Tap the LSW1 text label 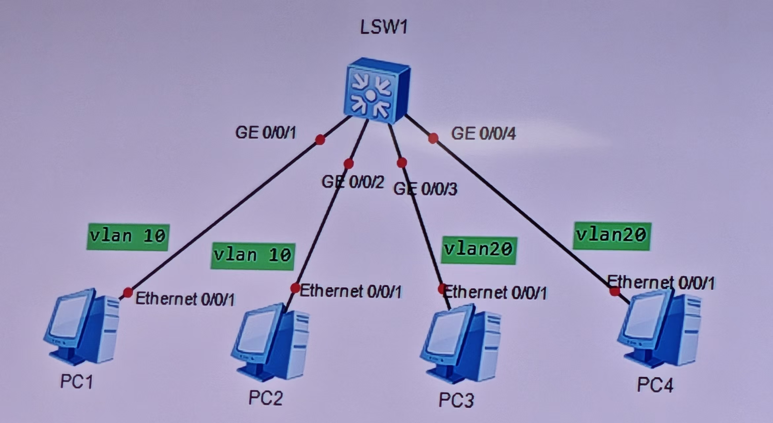[x=384, y=27]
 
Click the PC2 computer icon [x=271, y=342]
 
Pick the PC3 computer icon [x=461, y=344]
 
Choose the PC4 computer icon [x=659, y=330]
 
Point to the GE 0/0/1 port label [x=265, y=133]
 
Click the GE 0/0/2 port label [x=353, y=182]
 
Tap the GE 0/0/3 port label [x=425, y=189]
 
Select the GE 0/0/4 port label [x=483, y=134]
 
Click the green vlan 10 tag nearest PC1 [x=128, y=237]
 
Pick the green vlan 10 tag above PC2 [x=253, y=256]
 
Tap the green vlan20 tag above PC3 [x=478, y=250]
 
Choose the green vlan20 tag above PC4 [x=612, y=236]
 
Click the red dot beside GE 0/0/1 [x=320, y=140]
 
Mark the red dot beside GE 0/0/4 [x=433, y=138]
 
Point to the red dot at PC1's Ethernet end [x=128, y=292]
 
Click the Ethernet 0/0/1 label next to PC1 [x=185, y=299]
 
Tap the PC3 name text [x=456, y=400]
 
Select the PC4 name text [x=654, y=385]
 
